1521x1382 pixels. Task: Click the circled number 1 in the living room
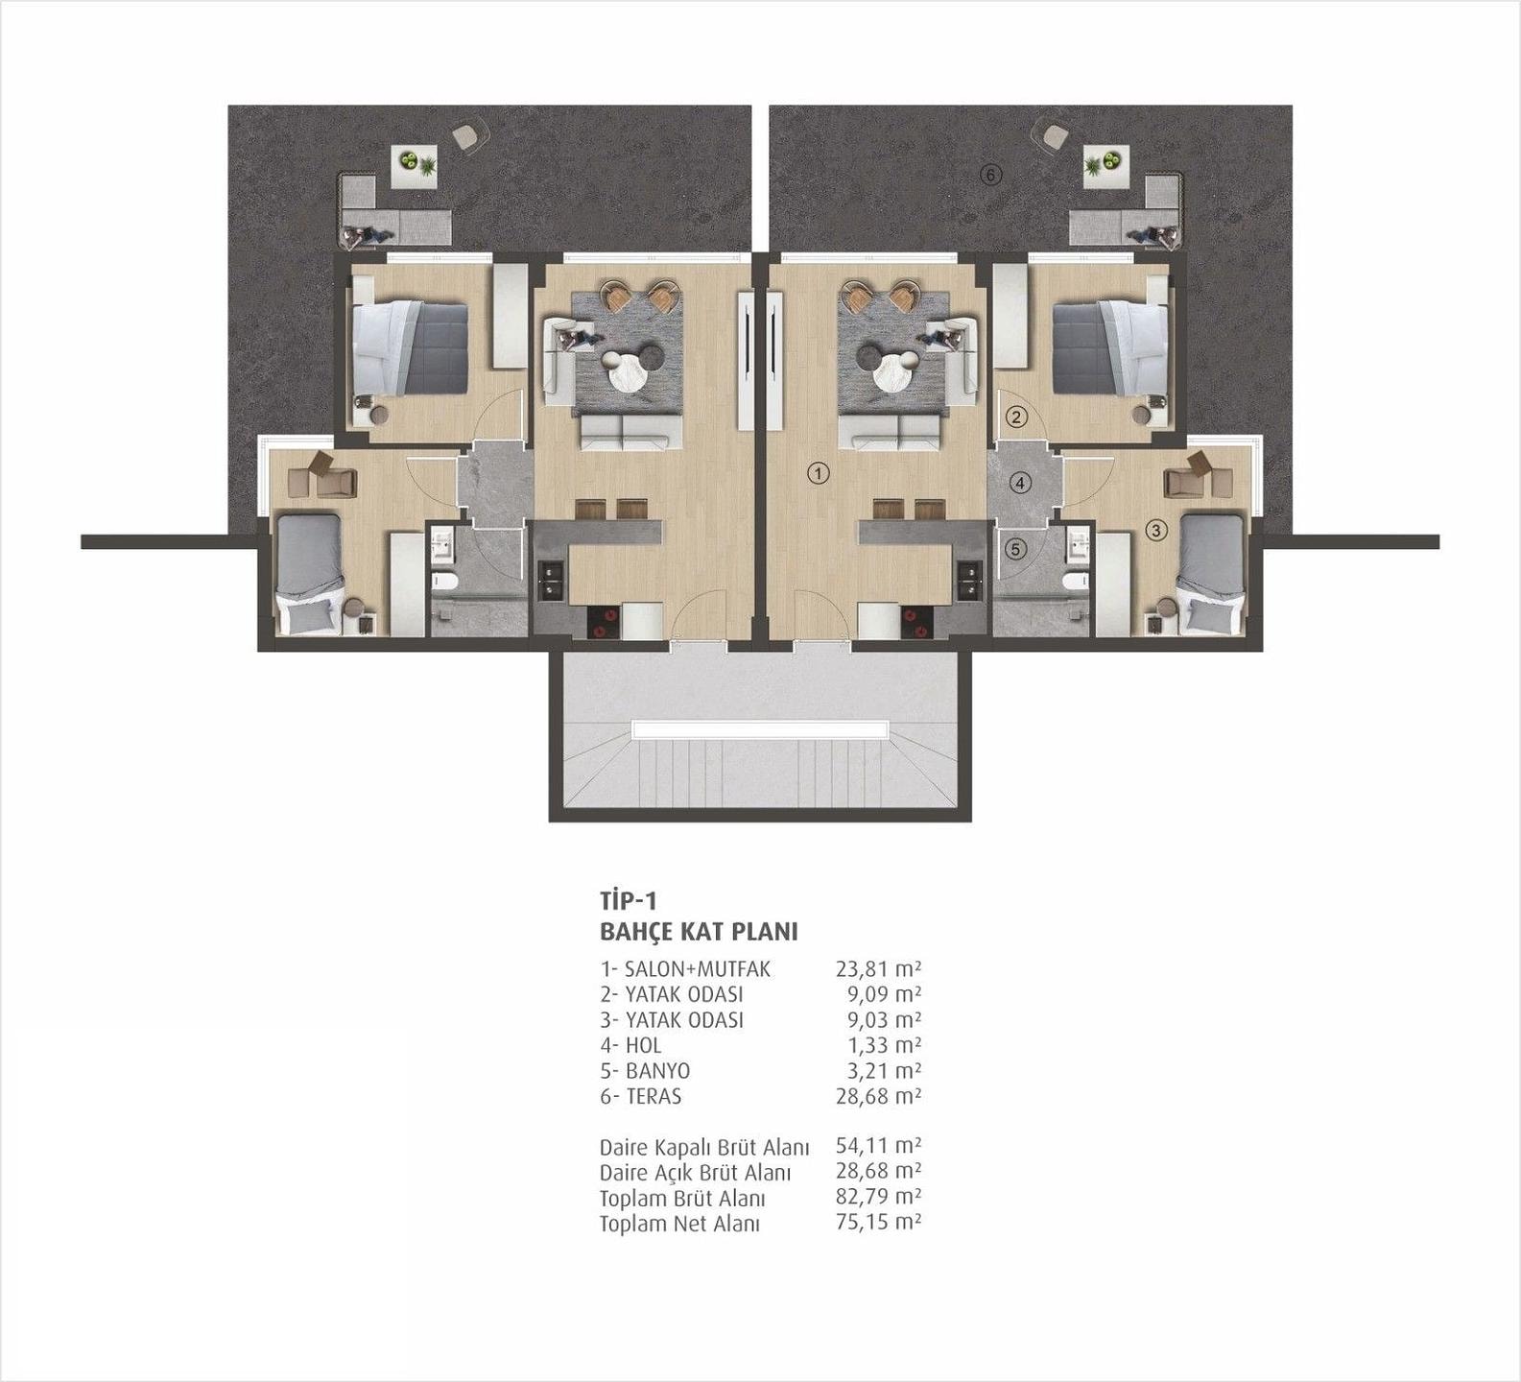point(818,473)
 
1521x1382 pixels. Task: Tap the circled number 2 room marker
point(1016,417)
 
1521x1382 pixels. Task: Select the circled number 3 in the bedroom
point(1155,529)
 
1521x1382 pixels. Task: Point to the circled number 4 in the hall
point(1021,483)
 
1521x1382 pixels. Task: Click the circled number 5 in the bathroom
point(1016,549)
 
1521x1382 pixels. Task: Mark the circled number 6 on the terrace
point(991,175)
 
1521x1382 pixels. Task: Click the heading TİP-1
point(628,900)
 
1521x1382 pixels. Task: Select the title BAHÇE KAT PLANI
point(699,931)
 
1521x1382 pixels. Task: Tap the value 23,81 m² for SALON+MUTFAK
point(878,968)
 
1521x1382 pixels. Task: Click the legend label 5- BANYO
point(645,1070)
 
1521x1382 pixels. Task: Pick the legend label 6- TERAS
point(641,1096)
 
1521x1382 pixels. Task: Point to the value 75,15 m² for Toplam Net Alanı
point(878,1222)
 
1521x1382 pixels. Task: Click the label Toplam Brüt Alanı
point(682,1199)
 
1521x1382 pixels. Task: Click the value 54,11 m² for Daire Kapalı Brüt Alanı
point(878,1145)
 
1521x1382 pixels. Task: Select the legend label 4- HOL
point(630,1044)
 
